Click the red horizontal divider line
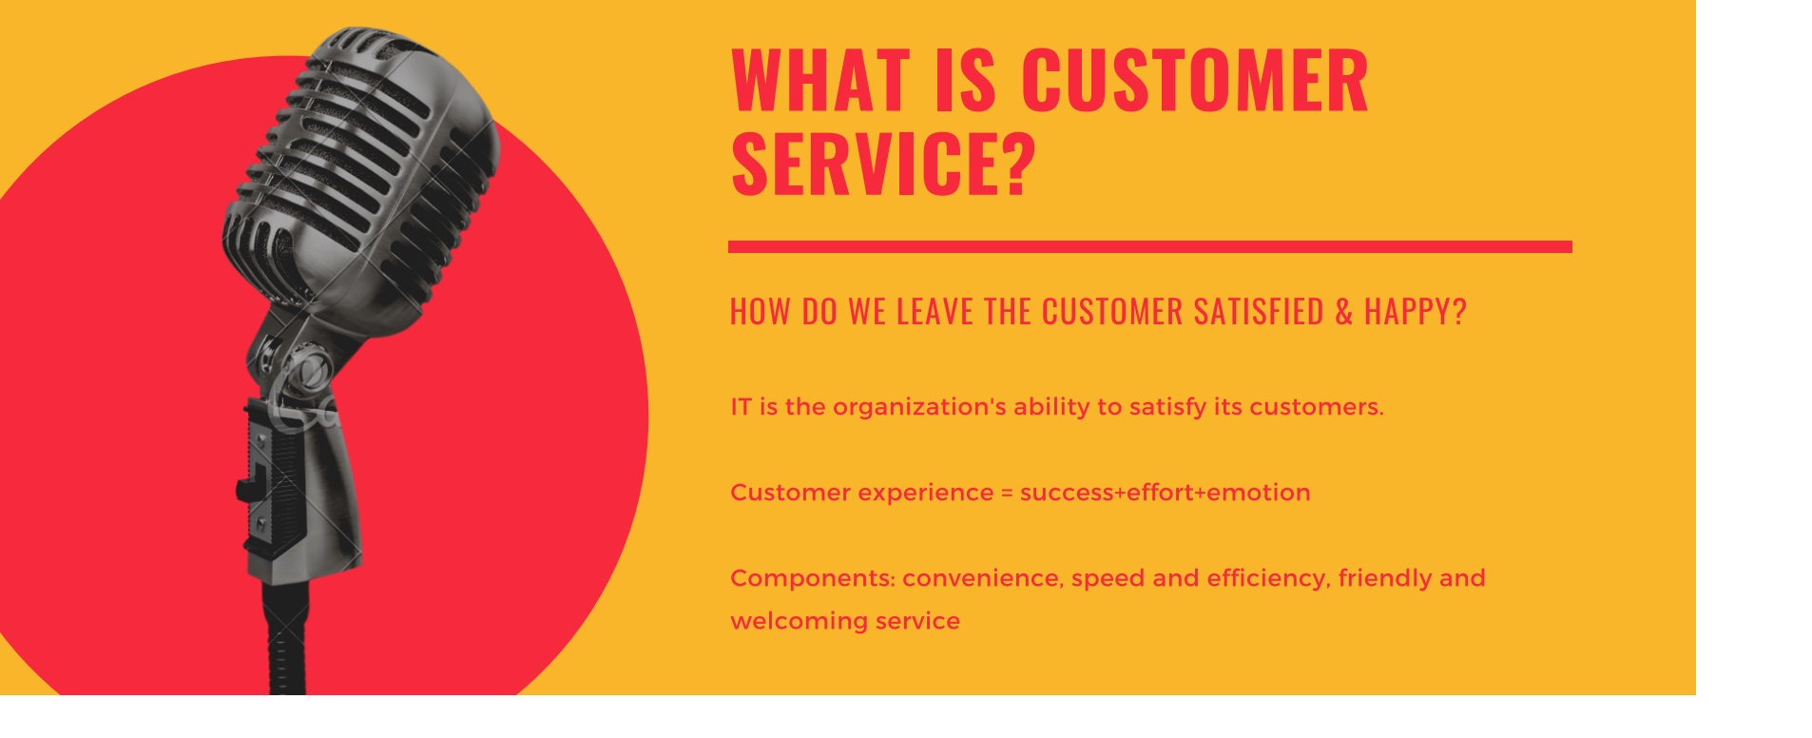pyautogui.click(x=1150, y=247)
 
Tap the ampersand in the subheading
pyautogui.click(x=1344, y=312)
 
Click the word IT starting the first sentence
pyautogui.click(x=742, y=407)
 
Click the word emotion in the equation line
pyautogui.click(x=1259, y=493)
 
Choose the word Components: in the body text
pyautogui.click(x=813, y=579)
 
